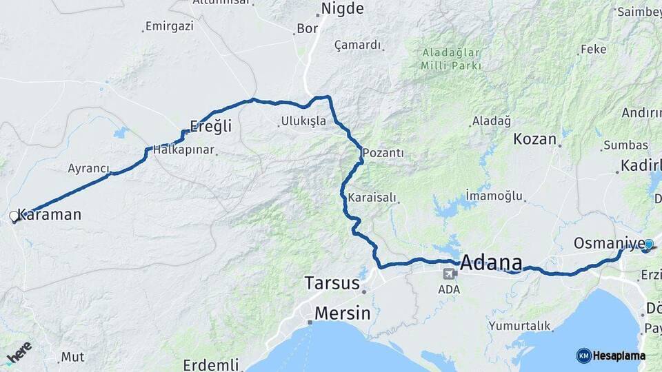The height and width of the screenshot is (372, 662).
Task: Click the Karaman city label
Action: point(49,214)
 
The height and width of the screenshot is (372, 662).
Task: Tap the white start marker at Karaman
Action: point(14,216)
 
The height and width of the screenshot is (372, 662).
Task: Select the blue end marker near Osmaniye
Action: point(648,244)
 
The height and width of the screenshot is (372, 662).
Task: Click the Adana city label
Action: point(491,262)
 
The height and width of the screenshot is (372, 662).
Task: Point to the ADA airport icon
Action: point(450,274)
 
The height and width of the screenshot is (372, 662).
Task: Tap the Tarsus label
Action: point(332,283)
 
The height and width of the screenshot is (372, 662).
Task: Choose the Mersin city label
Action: point(342,313)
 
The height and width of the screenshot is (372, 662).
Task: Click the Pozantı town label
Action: point(383,152)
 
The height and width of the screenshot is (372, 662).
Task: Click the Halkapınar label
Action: point(184,149)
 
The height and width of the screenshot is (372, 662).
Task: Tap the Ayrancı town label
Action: point(89,168)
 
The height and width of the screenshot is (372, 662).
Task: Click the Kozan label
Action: point(534,138)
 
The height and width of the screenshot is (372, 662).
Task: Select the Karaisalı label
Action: point(372,198)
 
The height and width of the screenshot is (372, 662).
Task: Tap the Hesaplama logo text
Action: point(619,355)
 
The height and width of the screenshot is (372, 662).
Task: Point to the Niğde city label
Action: point(343,9)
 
